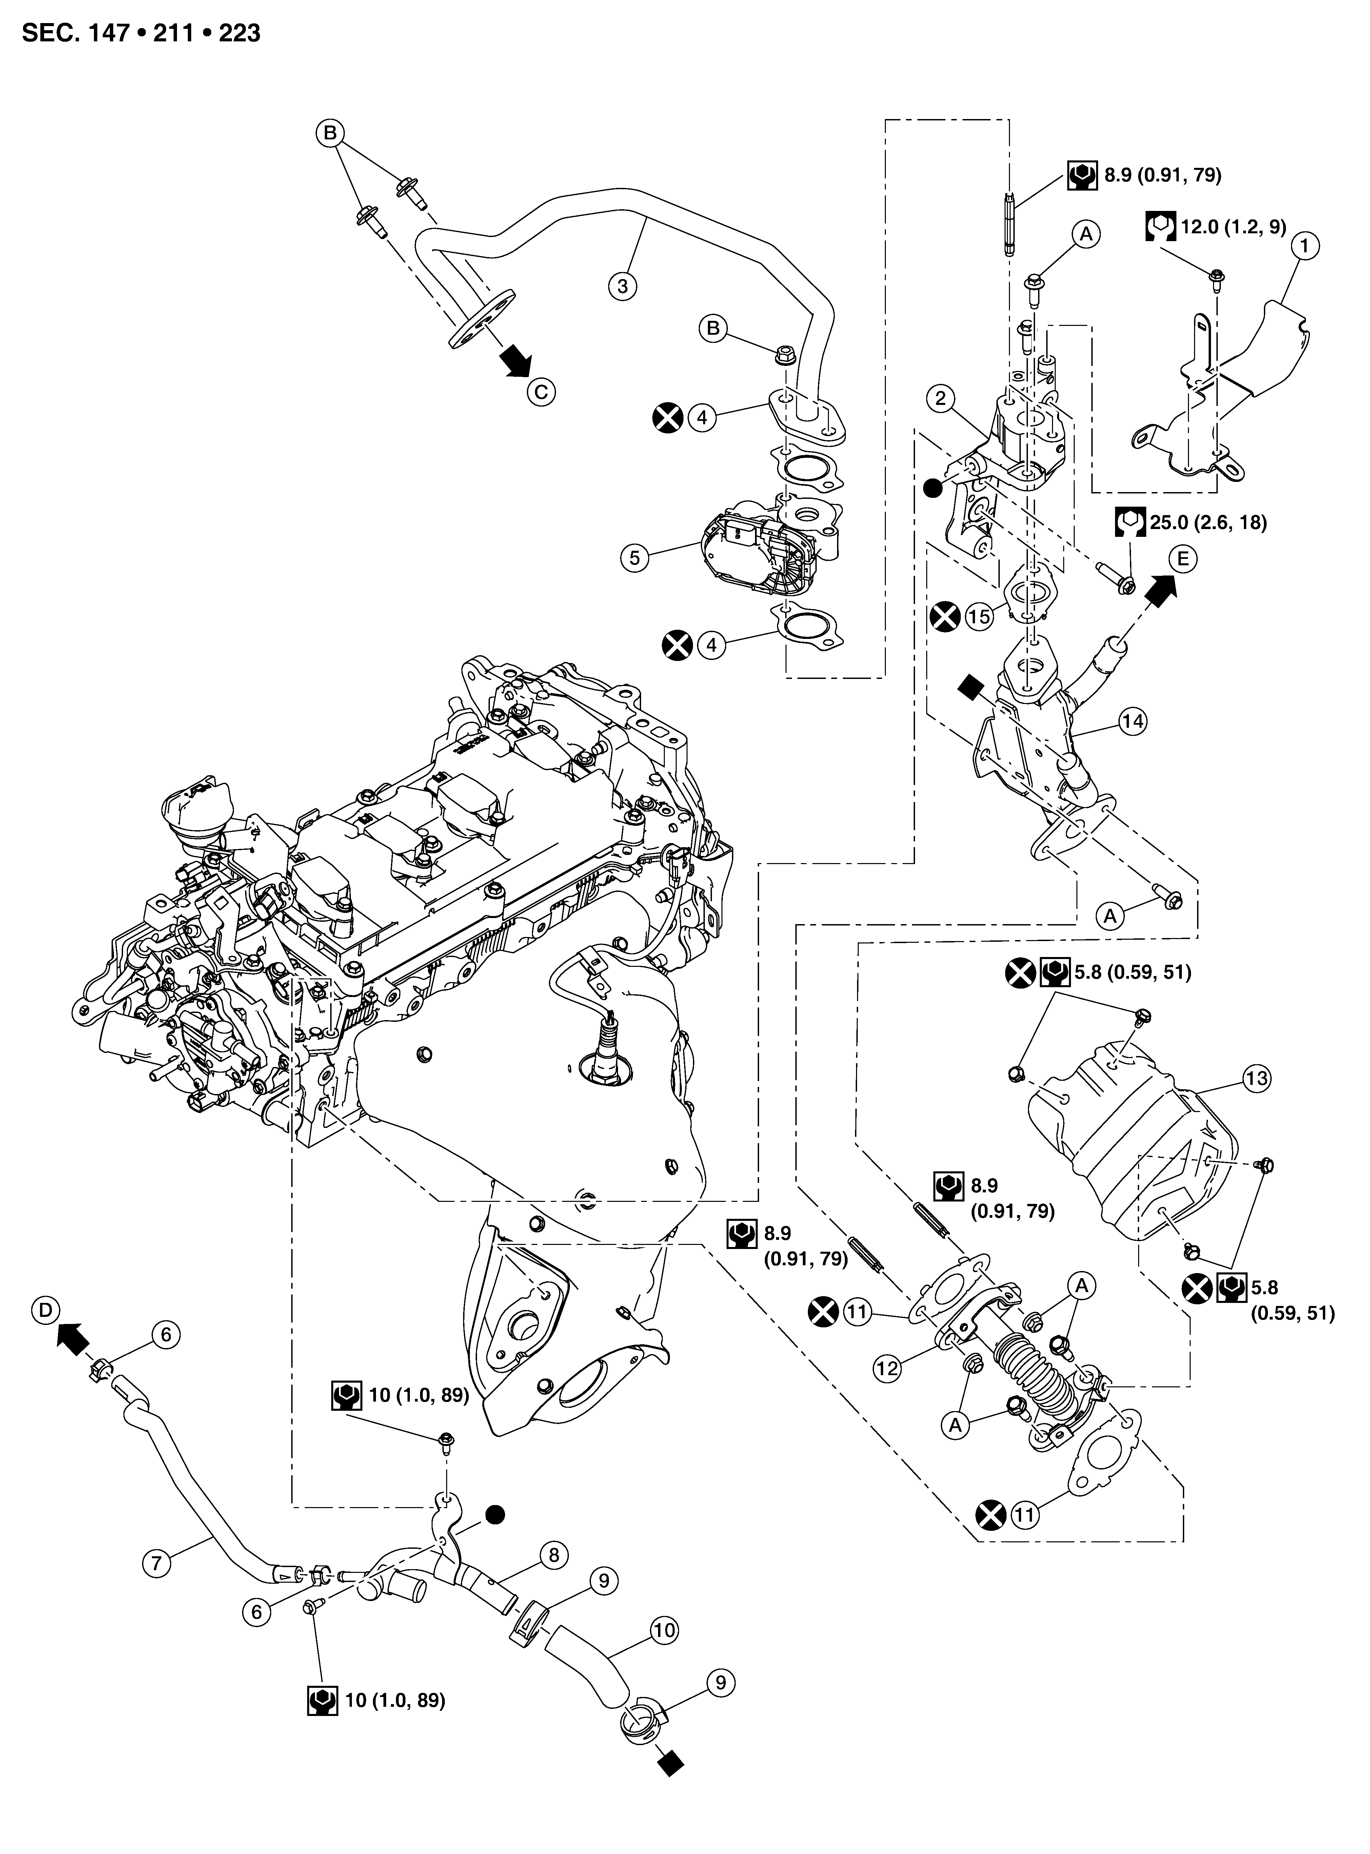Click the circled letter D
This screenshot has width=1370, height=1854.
[46, 1310]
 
